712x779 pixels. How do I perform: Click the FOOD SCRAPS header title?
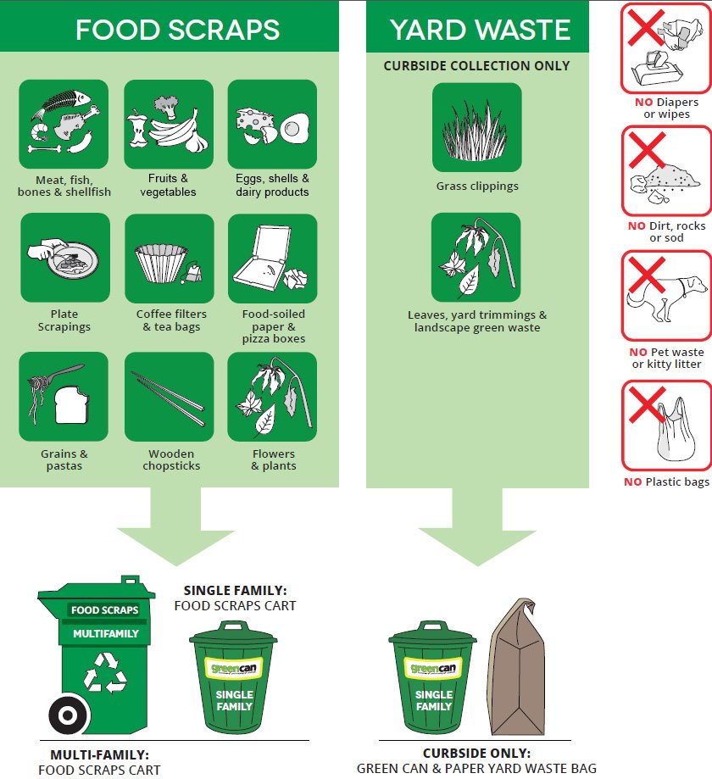pyautogui.click(x=177, y=30)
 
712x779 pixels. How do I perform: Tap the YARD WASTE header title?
pyautogui.click(x=480, y=30)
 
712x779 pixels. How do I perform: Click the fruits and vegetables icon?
pyautogui.click(x=169, y=125)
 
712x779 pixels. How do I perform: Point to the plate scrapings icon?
pyautogui.click(x=64, y=258)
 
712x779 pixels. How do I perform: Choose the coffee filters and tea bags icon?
pyautogui.click(x=169, y=258)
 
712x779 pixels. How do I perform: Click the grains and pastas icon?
pyautogui.click(x=64, y=397)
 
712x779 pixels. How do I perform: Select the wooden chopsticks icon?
pyautogui.click(x=169, y=397)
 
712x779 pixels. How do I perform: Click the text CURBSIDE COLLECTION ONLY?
pyautogui.click(x=476, y=65)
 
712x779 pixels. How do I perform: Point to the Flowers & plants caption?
pyautogui.click(x=273, y=459)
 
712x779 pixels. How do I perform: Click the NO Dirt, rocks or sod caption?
pyautogui.click(x=666, y=231)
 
